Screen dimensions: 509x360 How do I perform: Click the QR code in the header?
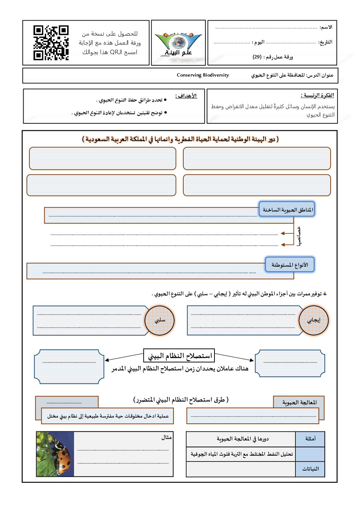click(x=51, y=42)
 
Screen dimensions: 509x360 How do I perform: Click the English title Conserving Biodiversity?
click(x=203, y=75)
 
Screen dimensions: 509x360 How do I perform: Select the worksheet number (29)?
click(x=257, y=57)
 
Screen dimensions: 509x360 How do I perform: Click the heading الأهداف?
click(x=186, y=96)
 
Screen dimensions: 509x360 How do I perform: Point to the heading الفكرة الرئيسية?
click(x=317, y=95)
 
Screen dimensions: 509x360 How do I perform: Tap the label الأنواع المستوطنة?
click(x=290, y=265)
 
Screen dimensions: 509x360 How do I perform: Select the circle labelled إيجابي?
click(x=314, y=320)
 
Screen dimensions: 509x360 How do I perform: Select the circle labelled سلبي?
click(x=160, y=320)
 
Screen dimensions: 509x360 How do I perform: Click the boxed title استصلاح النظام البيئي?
click(x=179, y=356)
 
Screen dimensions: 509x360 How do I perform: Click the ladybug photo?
click(x=55, y=454)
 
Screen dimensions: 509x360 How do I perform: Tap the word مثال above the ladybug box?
click(x=167, y=438)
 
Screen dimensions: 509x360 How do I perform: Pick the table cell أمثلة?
click(x=310, y=439)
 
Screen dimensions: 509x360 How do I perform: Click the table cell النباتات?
click(x=310, y=469)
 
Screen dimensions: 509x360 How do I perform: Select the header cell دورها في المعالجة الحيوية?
click(x=242, y=439)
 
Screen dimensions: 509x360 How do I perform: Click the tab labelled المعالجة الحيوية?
click(x=299, y=402)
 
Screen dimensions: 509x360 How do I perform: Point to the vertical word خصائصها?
click(x=299, y=237)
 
